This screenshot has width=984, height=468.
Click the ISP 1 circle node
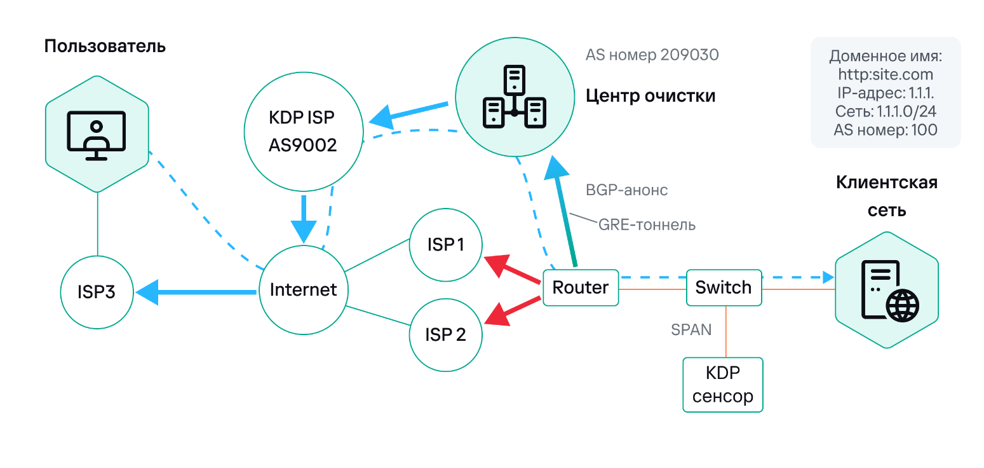[445, 245]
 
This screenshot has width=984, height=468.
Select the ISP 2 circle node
[445, 334]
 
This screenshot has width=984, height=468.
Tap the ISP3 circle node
[97, 292]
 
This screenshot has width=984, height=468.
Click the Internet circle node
[303, 290]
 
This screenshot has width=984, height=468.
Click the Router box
[580, 287]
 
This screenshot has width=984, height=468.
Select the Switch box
[724, 287]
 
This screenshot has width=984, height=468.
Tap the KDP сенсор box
[723, 385]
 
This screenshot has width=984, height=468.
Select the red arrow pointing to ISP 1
[513, 270]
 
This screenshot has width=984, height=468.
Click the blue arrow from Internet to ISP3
[197, 292]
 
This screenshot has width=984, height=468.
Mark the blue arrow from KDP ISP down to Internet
[304, 219]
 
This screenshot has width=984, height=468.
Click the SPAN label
[691, 330]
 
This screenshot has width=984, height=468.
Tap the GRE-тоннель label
[647, 224]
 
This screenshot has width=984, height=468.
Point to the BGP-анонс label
[626, 190]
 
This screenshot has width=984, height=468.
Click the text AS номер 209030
[652, 55]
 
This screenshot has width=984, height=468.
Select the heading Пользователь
[105, 46]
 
